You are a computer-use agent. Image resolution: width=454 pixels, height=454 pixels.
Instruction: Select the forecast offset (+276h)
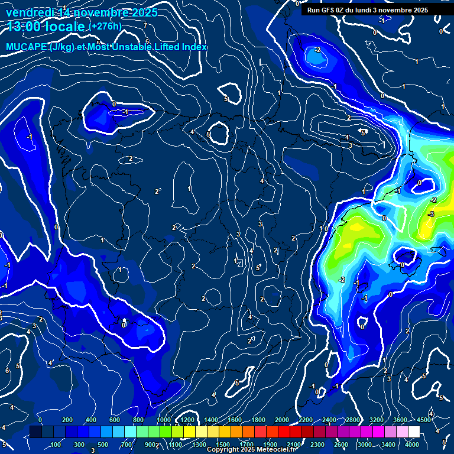pyautogui.click(x=105, y=27)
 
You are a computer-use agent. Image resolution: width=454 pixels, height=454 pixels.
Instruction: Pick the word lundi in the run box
pyautogui.click(x=371, y=10)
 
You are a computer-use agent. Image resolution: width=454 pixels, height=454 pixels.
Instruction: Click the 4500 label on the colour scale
pyautogui.click(x=424, y=420)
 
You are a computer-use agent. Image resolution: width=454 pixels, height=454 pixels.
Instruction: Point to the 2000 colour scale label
pyautogui.click(x=282, y=420)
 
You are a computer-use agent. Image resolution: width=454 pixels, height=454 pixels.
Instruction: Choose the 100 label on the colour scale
pyautogui.click(x=56, y=444)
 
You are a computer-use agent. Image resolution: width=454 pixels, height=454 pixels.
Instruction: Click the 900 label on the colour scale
pyautogui.click(x=151, y=444)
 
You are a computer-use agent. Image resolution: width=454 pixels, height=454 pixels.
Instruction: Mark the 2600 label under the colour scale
pyautogui.click(x=341, y=444)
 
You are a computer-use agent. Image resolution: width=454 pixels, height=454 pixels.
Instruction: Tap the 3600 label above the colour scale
pyautogui.click(x=400, y=420)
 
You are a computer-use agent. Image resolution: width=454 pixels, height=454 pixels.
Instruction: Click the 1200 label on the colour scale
pyautogui.click(x=187, y=420)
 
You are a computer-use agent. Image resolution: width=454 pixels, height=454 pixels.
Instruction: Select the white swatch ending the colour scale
pyautogui.click(x=414, y=432)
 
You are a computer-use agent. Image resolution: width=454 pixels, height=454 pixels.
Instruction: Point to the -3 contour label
pyautogui.click(x=431, y=214)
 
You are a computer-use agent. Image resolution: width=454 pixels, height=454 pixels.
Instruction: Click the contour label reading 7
pyautogui.click(x=145, y=25)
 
